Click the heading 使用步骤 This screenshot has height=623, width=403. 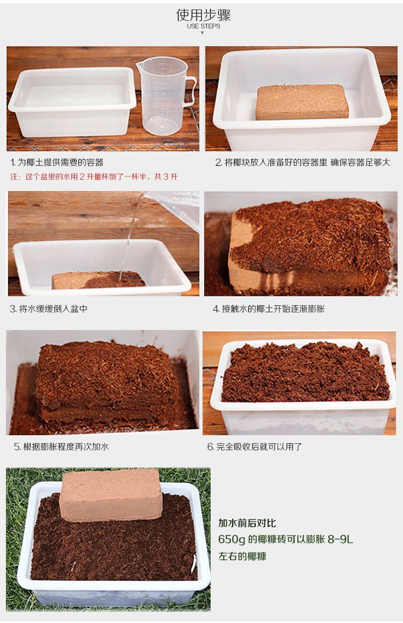point(203,15)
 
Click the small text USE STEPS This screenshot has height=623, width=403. point(203,26)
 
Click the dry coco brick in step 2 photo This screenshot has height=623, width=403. point(302,101)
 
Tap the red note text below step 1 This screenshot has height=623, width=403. point(94,177)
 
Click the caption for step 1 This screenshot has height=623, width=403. point(57,162)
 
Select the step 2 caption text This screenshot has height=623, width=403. point(303,162)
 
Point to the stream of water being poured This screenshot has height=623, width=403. point(132,236)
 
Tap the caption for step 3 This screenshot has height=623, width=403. point(48,309)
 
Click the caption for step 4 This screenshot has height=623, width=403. point(269,309)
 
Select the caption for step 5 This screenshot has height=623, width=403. point(61,446)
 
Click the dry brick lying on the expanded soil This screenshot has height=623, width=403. point(110,494)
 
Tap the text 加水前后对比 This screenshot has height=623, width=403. point(247,523)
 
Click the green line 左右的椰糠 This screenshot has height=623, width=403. point(242,556)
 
